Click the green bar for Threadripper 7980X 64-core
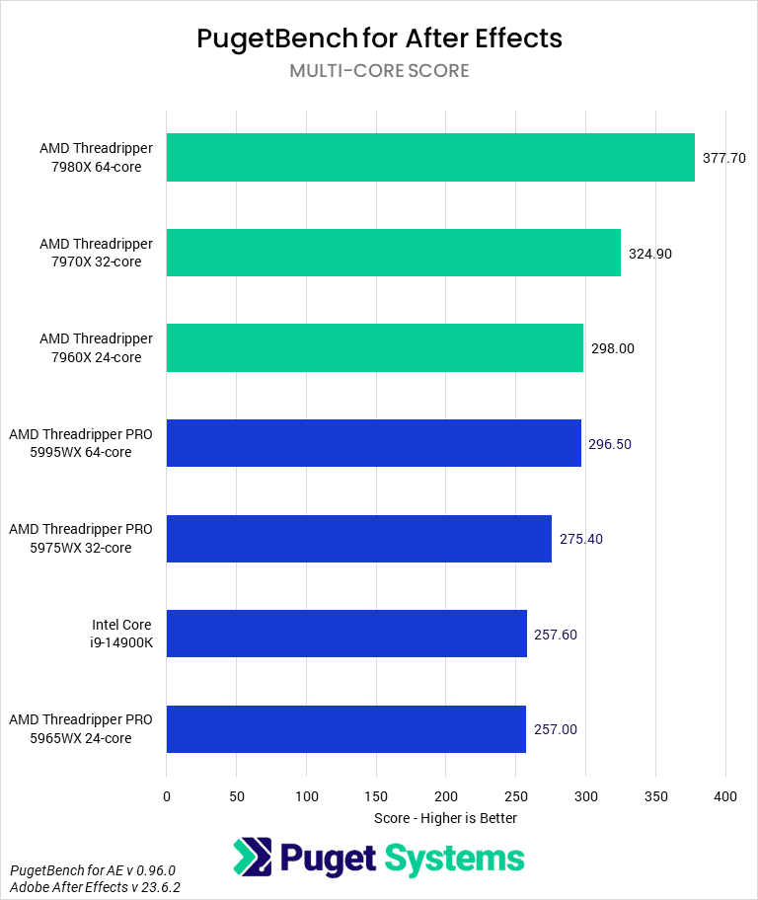pos(430,158)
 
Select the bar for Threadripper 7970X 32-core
pos(393,253)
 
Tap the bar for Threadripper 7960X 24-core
pos(374,348)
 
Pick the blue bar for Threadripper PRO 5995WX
pos(373,443)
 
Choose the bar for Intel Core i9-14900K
pos(346,634)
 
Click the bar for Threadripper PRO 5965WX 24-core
pos(345,729)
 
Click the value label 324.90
pos(649,254)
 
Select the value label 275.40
pos(581,539)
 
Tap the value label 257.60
pos(556,635)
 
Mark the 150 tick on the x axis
pos(376,796)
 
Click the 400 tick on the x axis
pos(725,796)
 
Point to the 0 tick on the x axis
pos(167,796)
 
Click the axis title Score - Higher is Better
pos(445,818)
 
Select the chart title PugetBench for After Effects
pos(379,38)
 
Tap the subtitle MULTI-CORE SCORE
pos(379,71)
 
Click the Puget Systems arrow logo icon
pos(252,858)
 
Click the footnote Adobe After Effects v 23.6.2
pos(95,887)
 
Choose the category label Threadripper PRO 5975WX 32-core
pos(81,539)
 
